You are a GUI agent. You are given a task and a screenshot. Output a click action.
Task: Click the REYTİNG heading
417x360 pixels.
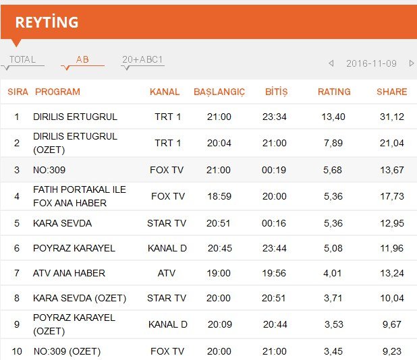coord(47,22)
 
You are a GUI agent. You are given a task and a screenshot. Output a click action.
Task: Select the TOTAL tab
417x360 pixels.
coord(22,59)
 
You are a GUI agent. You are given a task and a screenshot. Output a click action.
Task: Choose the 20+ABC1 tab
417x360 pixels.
coord(142,59)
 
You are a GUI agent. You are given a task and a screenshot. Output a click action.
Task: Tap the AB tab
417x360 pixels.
coord(82,59)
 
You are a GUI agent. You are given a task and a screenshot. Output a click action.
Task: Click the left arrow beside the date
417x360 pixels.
coord(331,63)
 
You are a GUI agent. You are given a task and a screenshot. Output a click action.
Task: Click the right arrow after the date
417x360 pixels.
coord(412,63)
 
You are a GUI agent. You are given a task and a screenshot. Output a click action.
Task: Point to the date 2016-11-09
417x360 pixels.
coord(371,63)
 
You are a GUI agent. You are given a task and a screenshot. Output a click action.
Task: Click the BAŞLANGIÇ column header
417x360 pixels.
coord(219,92)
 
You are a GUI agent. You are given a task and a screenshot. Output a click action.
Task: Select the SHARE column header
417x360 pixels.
coord(392,92)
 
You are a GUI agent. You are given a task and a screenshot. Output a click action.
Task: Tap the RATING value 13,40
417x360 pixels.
coord(333,117)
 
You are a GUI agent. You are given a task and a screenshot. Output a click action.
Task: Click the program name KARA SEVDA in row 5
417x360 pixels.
coord(63,223)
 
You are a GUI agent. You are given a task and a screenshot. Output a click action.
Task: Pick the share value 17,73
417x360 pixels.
coord(392,196)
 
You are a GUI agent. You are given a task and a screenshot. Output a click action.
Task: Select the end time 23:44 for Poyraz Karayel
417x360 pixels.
coord(275,248)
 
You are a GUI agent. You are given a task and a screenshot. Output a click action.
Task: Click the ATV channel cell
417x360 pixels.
coord(167,273)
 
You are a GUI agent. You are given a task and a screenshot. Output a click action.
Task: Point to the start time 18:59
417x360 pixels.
coord(219,196)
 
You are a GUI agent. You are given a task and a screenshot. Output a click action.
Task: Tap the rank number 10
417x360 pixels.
coord(17,351)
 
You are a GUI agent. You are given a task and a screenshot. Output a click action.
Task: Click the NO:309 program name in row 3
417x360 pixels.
coord(49,170)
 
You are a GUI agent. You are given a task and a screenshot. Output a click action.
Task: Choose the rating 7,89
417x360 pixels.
coord(333,143)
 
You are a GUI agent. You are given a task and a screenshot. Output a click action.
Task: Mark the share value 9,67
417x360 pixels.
coord(392,324)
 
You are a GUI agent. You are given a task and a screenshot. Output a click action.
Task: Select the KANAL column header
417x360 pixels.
coord(165,92)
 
